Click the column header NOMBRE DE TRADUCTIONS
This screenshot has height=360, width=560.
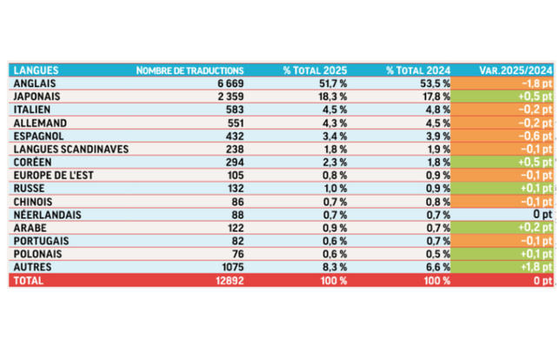190,70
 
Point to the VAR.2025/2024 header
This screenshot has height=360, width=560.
516,70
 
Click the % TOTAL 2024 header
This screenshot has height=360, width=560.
421,70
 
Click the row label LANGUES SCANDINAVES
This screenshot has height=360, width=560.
70,149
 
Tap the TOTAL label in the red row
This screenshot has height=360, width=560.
29,281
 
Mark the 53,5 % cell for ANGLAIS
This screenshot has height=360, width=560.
434,83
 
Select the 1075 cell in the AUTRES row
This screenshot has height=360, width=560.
229,268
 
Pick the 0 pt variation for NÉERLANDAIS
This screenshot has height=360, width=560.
540,215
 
